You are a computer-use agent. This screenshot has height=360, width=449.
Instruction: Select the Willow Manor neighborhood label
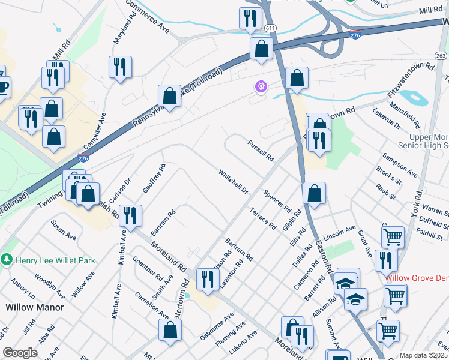[x=31, y=307]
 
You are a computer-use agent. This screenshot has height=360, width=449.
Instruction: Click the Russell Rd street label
[x=261, y=151]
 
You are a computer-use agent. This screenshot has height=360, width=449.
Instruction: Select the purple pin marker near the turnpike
[x=261, y=88]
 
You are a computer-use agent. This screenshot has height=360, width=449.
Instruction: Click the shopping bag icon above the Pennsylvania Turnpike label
[x=170, y=96]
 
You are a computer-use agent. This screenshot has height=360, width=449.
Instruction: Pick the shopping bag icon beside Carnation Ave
[x=170, y=330]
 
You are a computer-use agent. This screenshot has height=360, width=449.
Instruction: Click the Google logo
[x=20, y=353]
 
